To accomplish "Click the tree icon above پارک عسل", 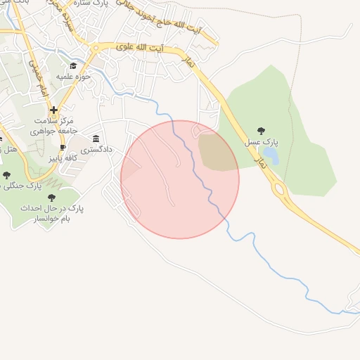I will pos(261,131).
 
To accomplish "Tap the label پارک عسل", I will pos(261,142).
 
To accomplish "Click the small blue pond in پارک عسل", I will pos(271,155).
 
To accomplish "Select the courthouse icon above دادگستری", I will pos(96,139).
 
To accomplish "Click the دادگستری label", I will pos(96,150).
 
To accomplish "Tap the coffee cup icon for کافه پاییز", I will pos(63,148).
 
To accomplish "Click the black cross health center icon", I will pos(54,110).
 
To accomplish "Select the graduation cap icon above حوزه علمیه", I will pos(73,66).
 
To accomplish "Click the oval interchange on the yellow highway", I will pos(279,188).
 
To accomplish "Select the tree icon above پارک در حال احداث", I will pos(51,198).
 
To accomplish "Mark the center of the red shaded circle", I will pos(180,179).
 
